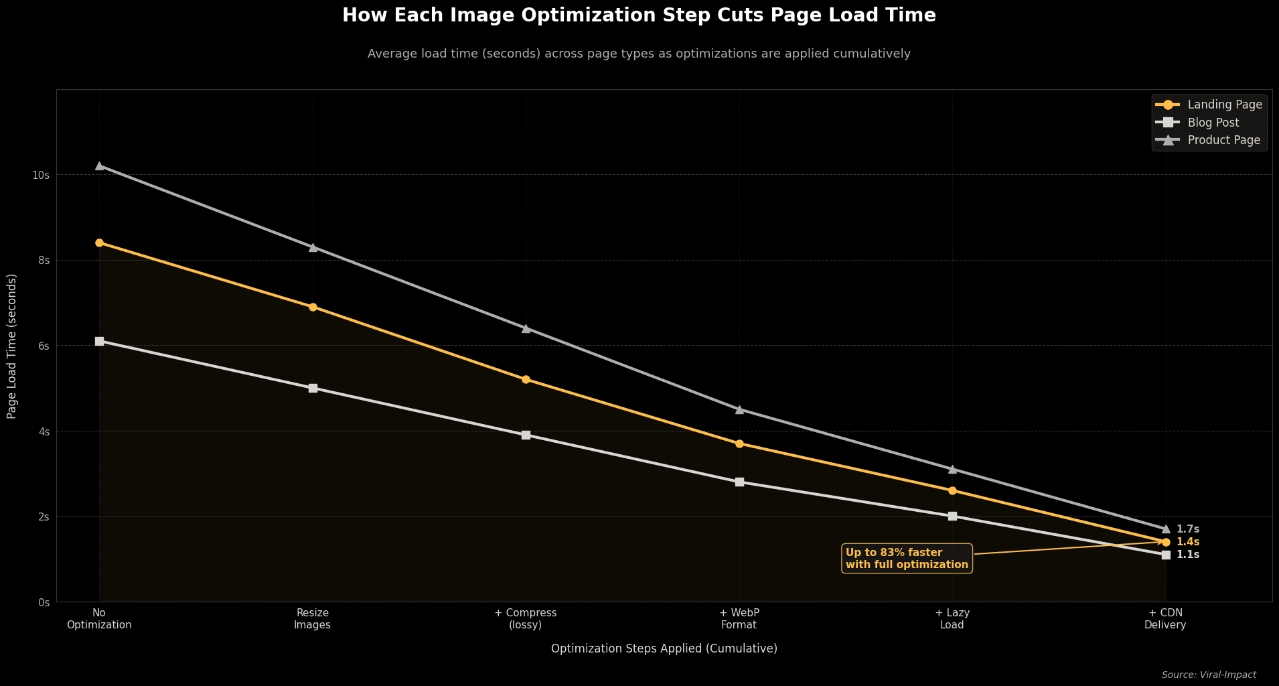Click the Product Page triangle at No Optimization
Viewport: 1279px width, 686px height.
[99, 165]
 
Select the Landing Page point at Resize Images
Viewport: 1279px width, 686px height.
[313, 307]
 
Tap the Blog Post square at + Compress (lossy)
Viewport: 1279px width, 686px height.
[526, 435]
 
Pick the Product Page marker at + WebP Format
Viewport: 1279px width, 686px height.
[739, 409]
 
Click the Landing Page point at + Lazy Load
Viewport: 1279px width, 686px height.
[952, 490]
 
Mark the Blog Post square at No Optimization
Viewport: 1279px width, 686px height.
[99, 341]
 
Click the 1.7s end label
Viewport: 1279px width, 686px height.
[1187, 529]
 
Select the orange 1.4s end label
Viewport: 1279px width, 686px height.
[1187, 542]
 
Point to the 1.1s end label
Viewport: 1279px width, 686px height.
[1187, 555]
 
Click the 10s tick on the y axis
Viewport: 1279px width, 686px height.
[41, 175]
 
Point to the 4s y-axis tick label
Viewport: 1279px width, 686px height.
[44, 431]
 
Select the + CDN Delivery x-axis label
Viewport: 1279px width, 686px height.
[1165, 619]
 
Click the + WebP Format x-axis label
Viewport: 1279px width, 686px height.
[739, 619]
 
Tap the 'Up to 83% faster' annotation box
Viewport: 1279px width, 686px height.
[907, 559]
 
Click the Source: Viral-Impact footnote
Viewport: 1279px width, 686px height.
[1208, 675]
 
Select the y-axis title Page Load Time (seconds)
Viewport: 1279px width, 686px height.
[12, 346]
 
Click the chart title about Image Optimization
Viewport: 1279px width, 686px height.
[639, 15]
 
